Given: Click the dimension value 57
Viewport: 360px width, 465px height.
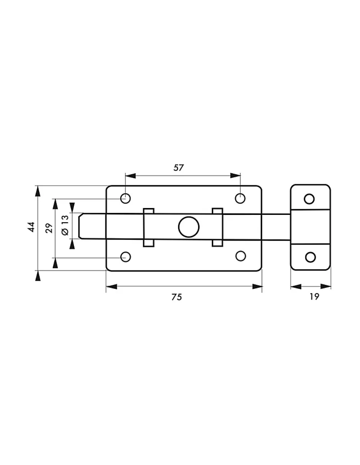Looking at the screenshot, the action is click(178, 168).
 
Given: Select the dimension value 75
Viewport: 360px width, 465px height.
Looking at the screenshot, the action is click(177, 297).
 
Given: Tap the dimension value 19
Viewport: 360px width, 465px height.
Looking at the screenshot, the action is click(314, 296).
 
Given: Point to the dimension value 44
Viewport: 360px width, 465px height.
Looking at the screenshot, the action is click(31, 227).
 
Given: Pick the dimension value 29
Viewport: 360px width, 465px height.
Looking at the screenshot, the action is click(49, 228).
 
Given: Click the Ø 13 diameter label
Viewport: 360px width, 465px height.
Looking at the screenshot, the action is click(65, 225).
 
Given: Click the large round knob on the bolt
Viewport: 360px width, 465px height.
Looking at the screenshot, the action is click(189, 227).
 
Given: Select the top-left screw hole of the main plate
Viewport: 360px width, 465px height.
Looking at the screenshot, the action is click(126, 198).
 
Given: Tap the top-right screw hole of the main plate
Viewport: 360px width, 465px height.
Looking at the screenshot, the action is click(240, 198).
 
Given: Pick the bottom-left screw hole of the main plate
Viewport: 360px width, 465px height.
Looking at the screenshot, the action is click(126, 257).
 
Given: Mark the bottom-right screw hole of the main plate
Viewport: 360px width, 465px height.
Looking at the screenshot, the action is click(241, 256).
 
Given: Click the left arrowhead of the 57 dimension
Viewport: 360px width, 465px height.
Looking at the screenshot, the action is click(131, 176).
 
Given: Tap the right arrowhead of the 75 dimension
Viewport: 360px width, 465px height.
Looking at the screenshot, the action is click(257, 287).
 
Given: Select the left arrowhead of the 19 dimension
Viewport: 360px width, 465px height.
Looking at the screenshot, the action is click(296, 287).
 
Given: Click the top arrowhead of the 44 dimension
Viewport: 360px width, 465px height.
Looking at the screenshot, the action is click(38, 191).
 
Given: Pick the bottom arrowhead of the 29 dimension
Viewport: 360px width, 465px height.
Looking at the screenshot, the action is click(55, 263).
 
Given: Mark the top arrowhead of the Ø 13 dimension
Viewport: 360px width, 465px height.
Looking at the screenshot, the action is click(72, 208).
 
